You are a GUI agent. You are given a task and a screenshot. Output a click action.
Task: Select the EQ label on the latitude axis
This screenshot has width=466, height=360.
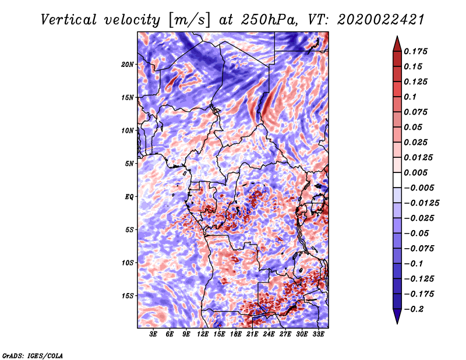pyautogui.click(x=129, y=197)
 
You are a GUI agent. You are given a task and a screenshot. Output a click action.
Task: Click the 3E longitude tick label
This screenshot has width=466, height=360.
pyautogui.click(x=154, y=334)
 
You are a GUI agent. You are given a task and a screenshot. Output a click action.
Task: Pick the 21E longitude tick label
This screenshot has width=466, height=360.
pyautogui.click(x=252, y=334)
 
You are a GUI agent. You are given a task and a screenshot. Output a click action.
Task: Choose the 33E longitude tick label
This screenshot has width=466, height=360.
pyautogui.click(x=318, y=334)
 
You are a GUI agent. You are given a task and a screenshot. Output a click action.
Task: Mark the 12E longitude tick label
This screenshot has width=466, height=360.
pyautogui.click(x=203, y=334)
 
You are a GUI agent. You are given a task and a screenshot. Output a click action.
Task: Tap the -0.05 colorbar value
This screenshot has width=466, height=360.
pyautogui.click(x=416, y=233)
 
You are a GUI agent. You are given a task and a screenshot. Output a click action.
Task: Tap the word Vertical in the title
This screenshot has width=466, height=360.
pyautogui.click(x=68, y=19)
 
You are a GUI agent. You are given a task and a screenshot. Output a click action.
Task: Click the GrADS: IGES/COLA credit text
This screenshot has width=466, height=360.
pyautogui.click(x=32, y=355)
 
